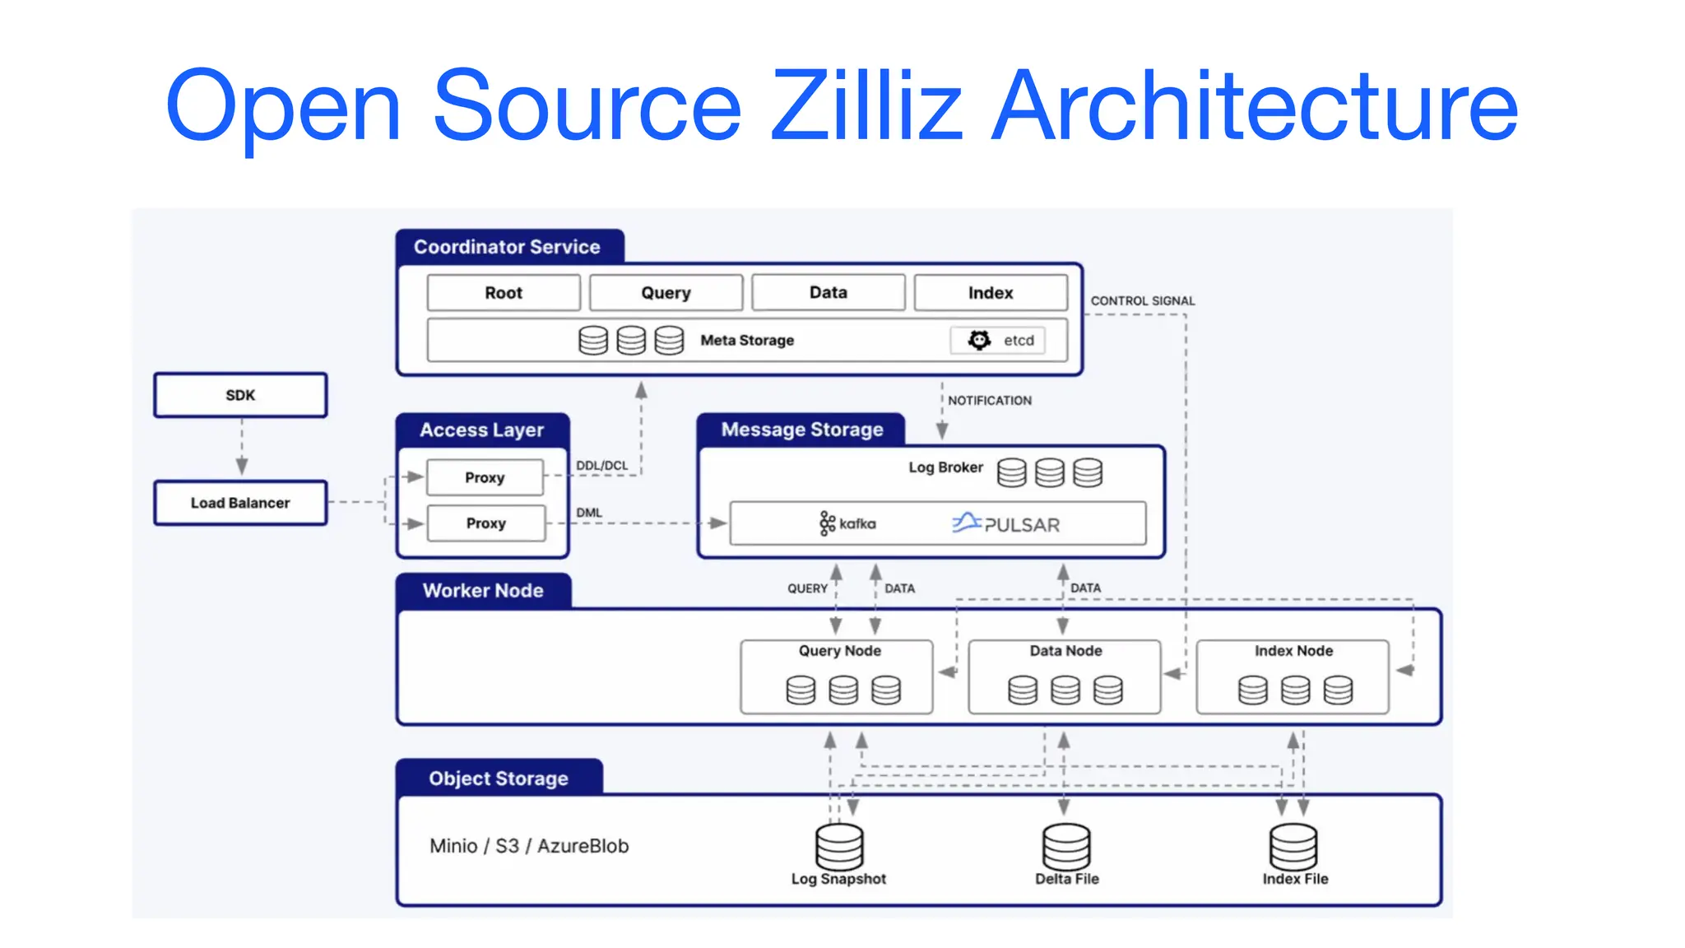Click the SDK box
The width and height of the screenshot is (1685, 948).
tap(240, 395)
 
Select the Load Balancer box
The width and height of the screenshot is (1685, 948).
tap(240, 503)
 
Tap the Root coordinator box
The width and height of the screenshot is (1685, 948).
tap(504, 293)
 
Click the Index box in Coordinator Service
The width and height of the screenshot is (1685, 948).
tap(991, 293)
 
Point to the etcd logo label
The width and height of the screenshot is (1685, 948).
tap(998, 340)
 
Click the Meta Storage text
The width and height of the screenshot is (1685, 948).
tap(747, 340)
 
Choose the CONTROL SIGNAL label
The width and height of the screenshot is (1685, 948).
tap(1143, 301)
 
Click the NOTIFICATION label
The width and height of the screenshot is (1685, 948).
tap(990, 401)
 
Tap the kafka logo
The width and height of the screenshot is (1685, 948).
tap(847, 523)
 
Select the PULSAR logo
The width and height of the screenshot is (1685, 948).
tap(1006, 523)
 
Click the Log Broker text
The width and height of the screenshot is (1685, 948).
tap(945, 467)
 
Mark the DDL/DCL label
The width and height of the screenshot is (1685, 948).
tap(601, 466)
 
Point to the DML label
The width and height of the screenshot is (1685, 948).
tap(589, 513)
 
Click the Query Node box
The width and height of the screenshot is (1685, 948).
tap(837, 676)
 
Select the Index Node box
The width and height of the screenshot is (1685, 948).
tap(1293, 676)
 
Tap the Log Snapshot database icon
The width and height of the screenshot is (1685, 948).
tap(839, 846)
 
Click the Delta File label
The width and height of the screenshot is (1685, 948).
tap(1067, 879)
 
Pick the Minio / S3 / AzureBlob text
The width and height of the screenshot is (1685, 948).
tap(529, 846)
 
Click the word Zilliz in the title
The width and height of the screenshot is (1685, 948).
tap(866, 105)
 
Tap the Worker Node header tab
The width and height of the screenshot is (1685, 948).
tap(483, 591)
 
